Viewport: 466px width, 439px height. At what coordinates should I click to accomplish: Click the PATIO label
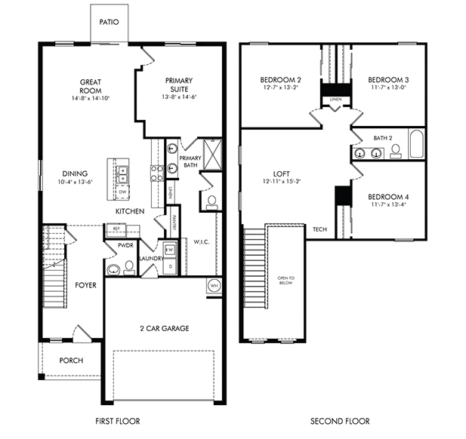[108, 21]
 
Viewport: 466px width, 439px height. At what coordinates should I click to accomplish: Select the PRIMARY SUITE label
[177, 85]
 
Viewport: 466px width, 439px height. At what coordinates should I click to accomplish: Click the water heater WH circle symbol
[214, 286]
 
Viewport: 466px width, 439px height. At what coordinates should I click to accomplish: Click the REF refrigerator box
[117, 229]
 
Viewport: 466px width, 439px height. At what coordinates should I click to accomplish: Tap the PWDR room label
[126, 246]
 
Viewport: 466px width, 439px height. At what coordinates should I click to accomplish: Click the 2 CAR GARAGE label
[163, 328]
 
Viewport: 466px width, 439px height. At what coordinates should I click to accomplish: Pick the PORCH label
[71, 360]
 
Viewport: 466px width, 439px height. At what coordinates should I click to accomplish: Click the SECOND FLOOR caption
[339, 421]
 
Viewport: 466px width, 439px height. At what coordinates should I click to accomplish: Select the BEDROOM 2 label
[280, 79]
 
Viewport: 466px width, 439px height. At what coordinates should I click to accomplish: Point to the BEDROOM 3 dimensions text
[389, 87]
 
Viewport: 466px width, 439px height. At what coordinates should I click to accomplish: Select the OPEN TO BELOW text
[285, 283]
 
